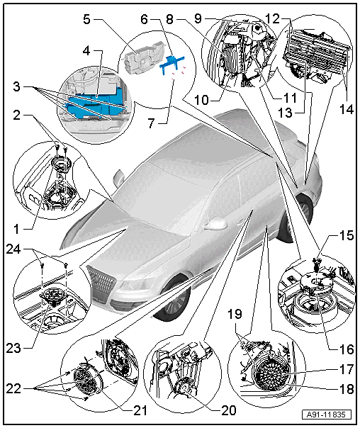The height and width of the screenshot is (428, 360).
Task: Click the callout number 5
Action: (86, 19)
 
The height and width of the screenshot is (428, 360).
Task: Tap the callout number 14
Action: (347, 109)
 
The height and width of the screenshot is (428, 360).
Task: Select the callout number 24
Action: (13, 249)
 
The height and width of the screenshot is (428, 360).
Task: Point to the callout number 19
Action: (235, 314)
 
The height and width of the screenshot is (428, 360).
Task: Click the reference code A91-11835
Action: (327, 415)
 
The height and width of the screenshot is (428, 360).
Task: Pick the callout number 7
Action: (152, 123)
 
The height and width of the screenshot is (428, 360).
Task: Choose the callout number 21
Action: (140, 410)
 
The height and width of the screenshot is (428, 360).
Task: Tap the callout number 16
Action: (347, 349)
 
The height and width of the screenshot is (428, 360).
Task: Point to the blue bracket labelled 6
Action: (172, 63)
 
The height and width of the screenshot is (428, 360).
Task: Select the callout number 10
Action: (201, 100)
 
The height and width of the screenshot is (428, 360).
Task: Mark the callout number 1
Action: (17, 230)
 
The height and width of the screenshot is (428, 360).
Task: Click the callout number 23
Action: (13, 349)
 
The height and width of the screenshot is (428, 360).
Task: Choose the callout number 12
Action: (272, 18)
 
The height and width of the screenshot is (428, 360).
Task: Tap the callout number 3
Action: (16, 86)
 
